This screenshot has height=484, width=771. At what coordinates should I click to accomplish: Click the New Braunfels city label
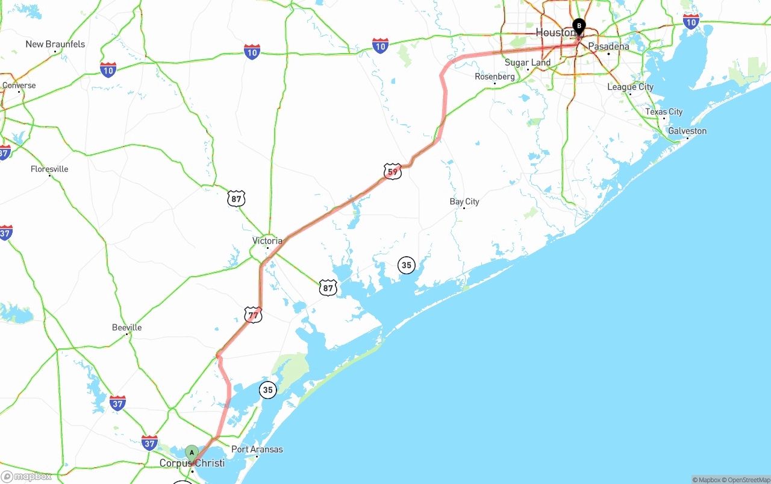click(x=55, y=44)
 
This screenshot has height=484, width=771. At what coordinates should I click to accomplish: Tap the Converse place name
click(x=19, y=85)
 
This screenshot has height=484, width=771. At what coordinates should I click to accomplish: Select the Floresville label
click(x=49, y=169)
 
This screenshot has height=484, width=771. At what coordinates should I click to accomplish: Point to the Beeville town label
click(x=127, y=327)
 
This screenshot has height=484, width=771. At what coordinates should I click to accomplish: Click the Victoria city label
click(x=267, y=240)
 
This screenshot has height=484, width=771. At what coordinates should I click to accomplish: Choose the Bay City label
click(x=464, y=201)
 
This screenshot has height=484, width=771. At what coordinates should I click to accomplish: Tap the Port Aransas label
click(x=257, y=449)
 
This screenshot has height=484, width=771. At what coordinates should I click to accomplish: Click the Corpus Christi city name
click(x=192, y=463)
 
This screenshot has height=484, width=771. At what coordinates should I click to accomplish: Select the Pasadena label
click(x=608, y=46)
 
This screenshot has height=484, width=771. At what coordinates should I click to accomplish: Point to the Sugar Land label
click(x=528, y=63)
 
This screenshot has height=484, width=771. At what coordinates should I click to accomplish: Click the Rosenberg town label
click(x=495, y=77)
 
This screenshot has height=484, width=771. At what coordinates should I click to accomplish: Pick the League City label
click(x=630, y=87)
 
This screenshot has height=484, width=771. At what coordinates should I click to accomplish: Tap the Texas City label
click(x=664, y=112)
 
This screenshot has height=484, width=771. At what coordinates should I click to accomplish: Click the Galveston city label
click(x=687, y=131)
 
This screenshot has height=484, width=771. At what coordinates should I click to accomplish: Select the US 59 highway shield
click(x=392, y=172)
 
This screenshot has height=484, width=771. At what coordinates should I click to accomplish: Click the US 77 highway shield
click(x=253, y=315)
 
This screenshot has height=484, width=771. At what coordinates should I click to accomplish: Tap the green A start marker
click(x=192, y=453)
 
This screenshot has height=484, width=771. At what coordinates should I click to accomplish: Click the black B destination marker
click(x=579, y=27)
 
